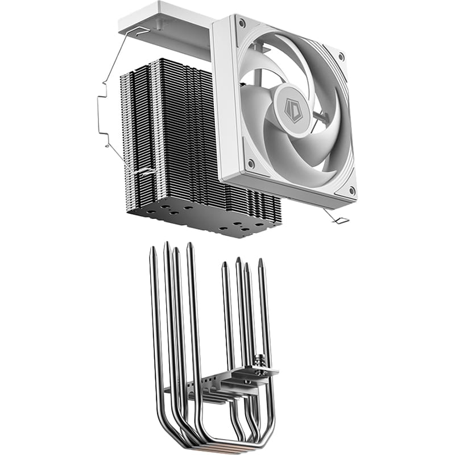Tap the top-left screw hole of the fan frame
click(242, 24)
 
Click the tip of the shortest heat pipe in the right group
click(225, 264)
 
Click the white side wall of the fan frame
click(225, 102)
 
